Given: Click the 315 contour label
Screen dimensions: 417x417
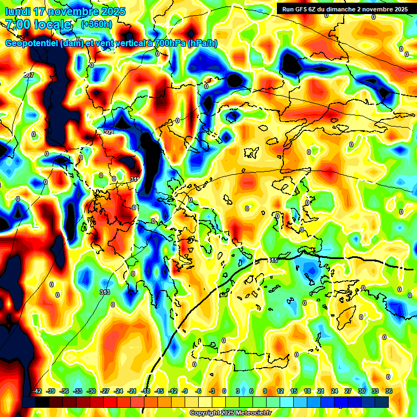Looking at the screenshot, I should pyautogui.click(x=273, y=261).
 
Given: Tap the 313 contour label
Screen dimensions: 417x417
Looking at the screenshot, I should pyautogui.click(x=105, y=292).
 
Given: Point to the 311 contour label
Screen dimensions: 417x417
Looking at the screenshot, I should pyautogui.click(x=135, y=179).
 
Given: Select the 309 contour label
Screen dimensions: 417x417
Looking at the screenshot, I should pyautogui.click(x=108, y=132).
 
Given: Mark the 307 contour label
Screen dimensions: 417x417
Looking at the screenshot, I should pyautogui.click(x=29, y=74).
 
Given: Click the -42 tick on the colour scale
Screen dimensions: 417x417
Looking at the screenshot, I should pyautogui.click(x=37, y=391).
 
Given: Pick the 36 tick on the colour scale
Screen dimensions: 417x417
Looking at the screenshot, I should pyautogui.click(x=389, y=391).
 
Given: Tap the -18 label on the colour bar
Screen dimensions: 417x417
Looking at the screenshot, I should pyautogui.click(x=146, y=391).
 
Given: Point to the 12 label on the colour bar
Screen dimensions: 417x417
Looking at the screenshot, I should pyautogui.click(x=280, y=391).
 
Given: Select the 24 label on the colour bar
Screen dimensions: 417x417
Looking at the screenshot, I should pyautogui.click(x=334, y=391).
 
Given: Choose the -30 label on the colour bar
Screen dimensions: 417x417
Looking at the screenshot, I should pyautogui.click(x=91, y=391).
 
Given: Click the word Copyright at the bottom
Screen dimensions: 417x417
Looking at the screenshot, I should pyautogui.click(x=205, y=413).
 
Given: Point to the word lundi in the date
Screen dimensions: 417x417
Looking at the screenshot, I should pyautogui.click(x=17, y=11).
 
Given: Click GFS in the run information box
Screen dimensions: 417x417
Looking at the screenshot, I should pyautogui.click(x=302, y=9).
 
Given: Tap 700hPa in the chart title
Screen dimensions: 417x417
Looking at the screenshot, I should pyautogui.click(x=169, y=43).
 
